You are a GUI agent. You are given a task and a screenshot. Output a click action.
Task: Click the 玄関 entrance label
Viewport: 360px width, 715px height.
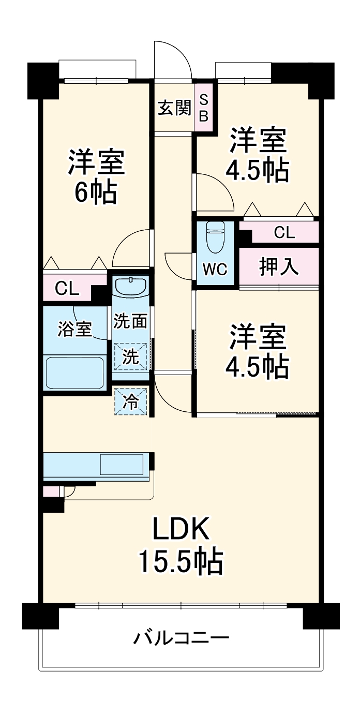point(174,109)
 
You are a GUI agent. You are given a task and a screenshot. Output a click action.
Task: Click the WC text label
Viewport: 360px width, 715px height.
point(215,270)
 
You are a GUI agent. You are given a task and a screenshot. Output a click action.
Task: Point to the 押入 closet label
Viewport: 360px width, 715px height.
point(279,267)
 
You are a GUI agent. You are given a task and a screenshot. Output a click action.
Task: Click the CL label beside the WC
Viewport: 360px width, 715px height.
point(284,233)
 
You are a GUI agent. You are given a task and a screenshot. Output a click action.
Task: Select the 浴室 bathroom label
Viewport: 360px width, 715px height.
point(74,329)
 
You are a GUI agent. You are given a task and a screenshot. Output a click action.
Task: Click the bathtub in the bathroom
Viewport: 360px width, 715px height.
point(76,371)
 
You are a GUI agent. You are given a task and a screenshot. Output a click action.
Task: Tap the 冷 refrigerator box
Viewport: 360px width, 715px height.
point(131,401)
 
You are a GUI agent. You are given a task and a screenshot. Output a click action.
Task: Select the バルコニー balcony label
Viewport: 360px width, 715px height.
point(181,637)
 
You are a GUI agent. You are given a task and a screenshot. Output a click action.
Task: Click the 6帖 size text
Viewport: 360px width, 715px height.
point(95,193)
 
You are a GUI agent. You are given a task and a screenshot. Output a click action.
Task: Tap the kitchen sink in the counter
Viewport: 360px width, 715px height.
point(122,464)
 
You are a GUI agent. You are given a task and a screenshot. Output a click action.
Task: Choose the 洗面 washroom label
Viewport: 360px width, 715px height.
point(130,321)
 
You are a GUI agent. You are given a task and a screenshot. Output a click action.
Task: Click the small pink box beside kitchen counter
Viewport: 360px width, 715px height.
point(50,491)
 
